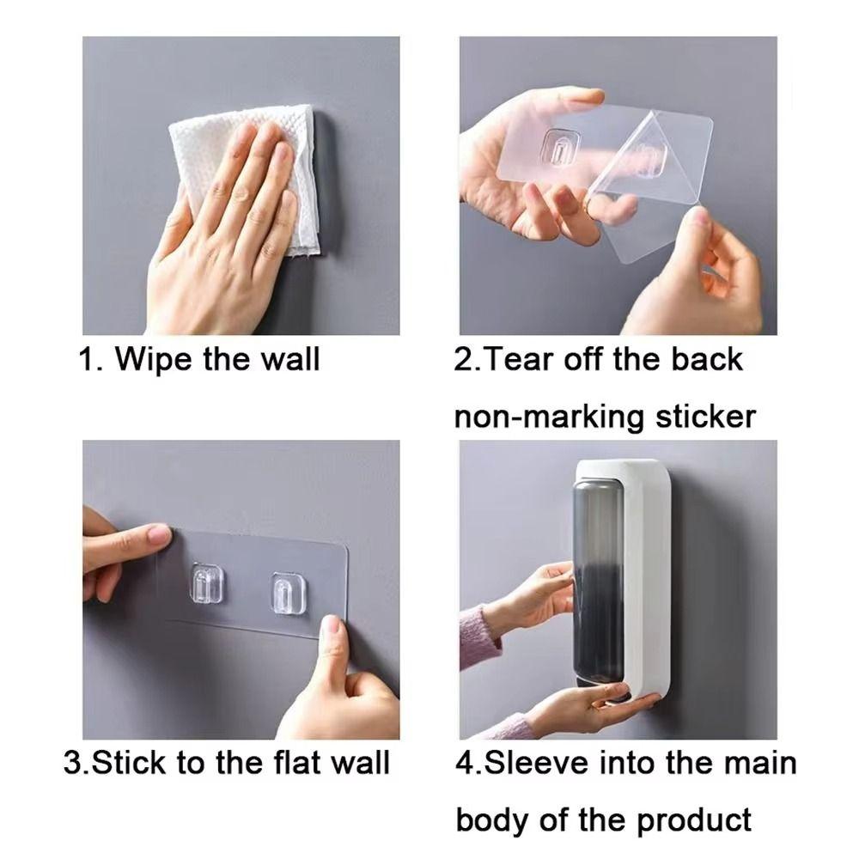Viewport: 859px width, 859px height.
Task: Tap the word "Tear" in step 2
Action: (x=521, y=359)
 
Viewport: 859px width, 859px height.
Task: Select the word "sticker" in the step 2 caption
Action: (x=704, y=417)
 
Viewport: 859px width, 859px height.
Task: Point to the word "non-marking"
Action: (x=549, y=417)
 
